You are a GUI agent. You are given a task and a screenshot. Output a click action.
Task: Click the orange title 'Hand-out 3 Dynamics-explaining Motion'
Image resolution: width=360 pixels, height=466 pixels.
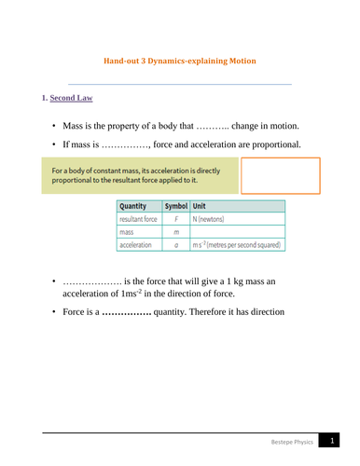(181, 61)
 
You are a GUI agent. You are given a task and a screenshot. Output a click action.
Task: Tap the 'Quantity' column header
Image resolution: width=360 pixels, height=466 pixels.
(136, 206)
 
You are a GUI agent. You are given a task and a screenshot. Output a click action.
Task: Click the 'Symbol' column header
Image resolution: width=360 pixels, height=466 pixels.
(175, 206)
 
